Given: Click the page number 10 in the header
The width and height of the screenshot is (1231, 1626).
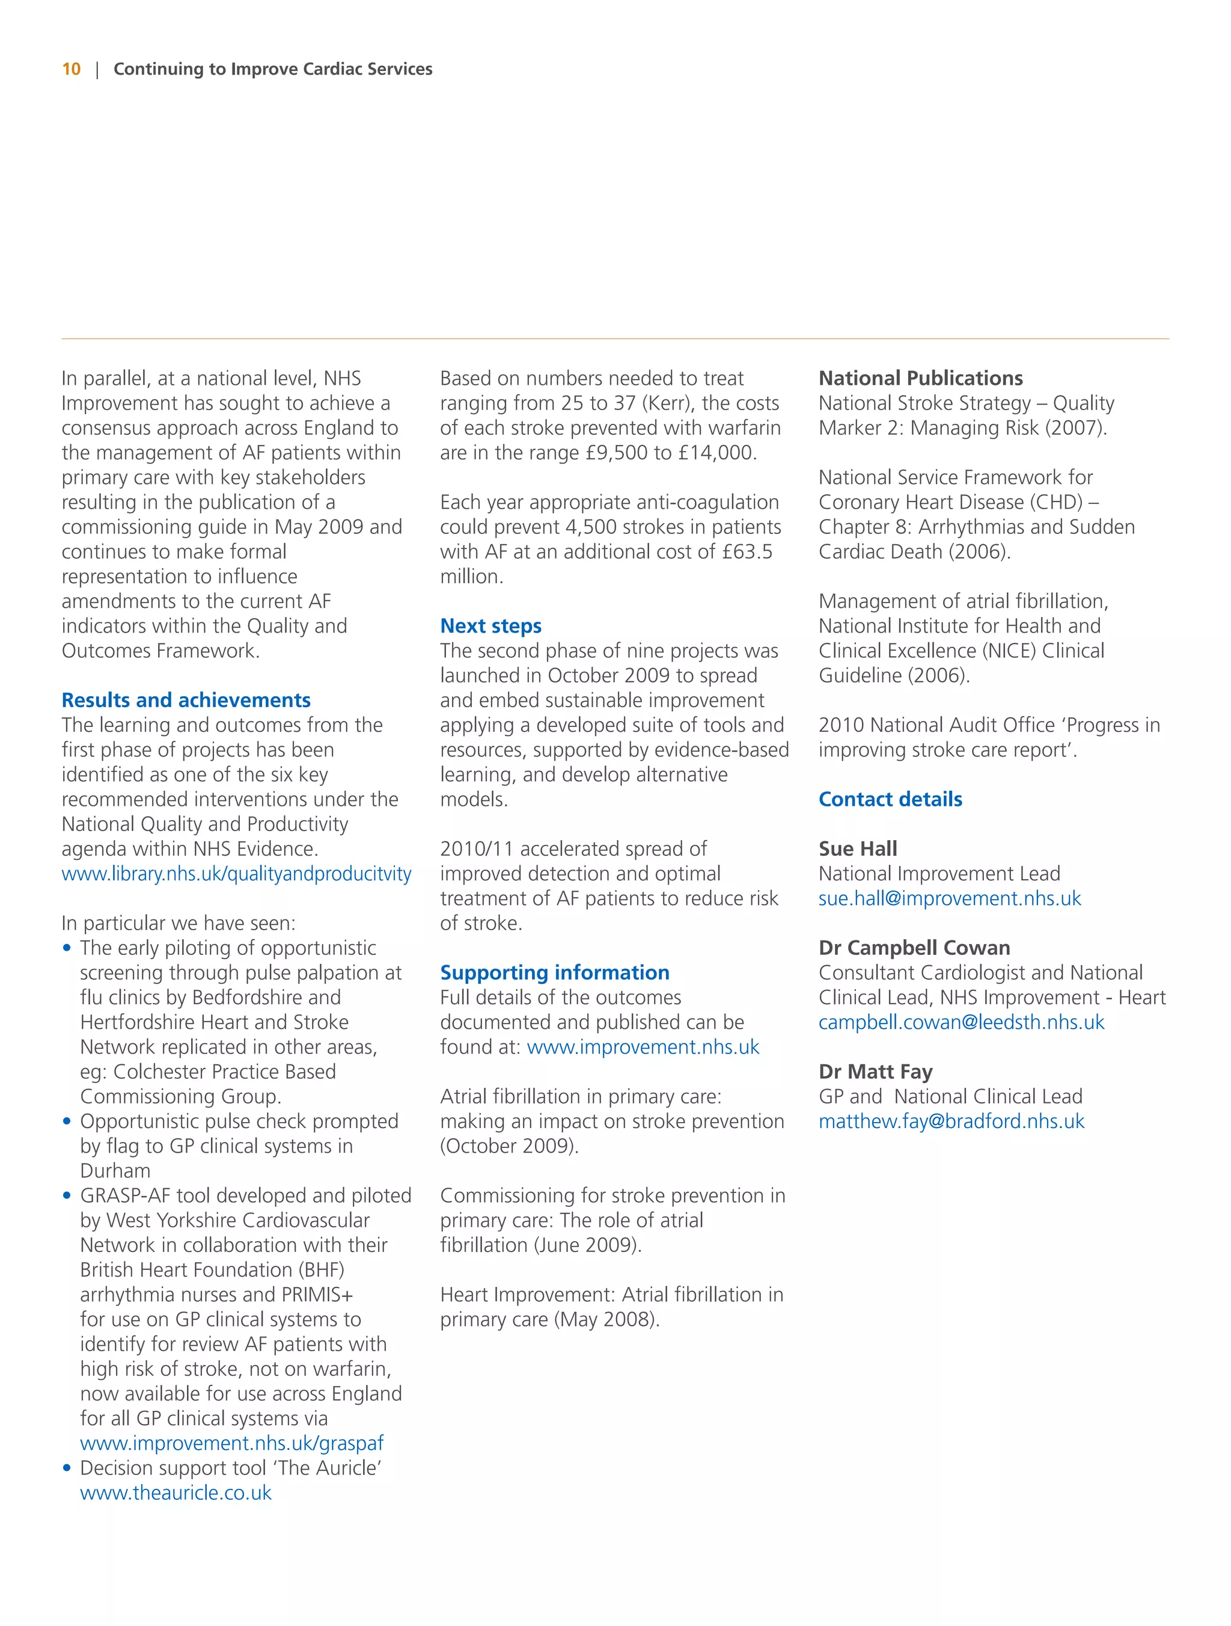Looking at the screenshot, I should point(72,69).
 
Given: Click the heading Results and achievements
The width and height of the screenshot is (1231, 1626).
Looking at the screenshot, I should point(186,700).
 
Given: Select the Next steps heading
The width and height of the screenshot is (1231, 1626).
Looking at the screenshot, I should point(490,625).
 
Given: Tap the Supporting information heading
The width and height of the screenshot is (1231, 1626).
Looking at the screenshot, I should point(554,972).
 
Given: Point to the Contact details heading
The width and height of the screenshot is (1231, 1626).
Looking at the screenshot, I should point(890,799).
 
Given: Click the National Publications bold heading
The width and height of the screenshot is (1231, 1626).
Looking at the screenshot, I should point(920,378).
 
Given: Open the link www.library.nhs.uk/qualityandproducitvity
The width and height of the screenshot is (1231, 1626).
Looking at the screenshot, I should point(236,874).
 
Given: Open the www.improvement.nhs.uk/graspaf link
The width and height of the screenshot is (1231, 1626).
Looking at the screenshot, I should point(231,1443).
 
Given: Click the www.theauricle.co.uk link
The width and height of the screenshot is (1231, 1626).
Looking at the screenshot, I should point(176,1493).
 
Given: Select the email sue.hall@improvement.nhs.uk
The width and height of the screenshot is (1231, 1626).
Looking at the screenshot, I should point(950,898).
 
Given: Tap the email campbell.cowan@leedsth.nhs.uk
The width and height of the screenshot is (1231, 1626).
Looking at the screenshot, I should point(961,1022).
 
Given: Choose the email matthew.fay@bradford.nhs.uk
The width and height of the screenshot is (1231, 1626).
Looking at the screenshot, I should point(951,1121).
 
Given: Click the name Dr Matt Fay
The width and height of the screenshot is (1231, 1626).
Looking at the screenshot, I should point(875,1072).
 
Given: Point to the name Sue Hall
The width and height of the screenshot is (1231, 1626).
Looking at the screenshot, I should point(858,849).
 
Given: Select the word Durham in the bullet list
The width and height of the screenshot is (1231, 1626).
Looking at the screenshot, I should point(115,1171).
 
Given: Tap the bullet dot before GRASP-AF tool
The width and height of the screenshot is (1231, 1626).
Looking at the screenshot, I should point(67,1196).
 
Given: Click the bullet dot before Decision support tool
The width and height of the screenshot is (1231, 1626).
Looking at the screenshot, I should point(67,1468).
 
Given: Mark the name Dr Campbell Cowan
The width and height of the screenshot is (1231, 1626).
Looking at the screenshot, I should point(914,948).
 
